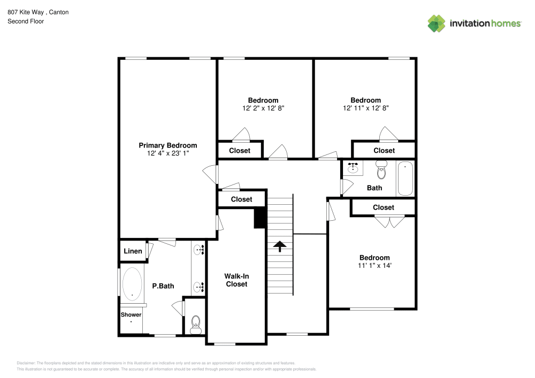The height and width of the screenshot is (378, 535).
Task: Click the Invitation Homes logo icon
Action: click(x=436, y=23)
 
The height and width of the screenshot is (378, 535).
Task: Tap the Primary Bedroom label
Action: click(x=167, y=145)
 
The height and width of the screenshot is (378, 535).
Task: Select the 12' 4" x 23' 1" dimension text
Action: click(x=167, y=153)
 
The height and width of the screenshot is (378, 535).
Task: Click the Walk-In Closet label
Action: click(x=236, y=280)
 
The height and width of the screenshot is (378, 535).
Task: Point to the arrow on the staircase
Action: click(x=279, y=245)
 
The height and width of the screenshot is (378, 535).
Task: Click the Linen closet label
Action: click(x=133, y=251)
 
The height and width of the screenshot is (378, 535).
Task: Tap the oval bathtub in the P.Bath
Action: click(x=132, y=283)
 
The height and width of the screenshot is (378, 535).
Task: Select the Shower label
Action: click(x=131, y=315)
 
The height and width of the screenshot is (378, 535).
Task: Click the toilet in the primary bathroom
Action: click(x=195, y=323)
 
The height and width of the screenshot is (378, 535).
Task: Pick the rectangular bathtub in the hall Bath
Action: click(x=405, y=179)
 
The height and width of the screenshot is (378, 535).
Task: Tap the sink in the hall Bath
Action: click(x=353, y=168)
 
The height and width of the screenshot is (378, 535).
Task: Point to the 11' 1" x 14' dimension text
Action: click(x=374, y=265)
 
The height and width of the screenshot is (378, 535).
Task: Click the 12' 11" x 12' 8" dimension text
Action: click(x=365, y=108)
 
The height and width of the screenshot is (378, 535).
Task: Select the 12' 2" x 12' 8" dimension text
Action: click(x=263, y=108)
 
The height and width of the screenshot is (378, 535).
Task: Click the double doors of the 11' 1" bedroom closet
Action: click(x=389, y=221)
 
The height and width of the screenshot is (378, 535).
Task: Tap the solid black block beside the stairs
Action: click(x=260, y=218)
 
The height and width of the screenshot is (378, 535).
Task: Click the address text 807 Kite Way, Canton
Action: click(x=38, y=12)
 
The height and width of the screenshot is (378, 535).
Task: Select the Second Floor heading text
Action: click(x=26, y=21)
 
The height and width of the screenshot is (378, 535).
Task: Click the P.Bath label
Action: click(x=163, y=286)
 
